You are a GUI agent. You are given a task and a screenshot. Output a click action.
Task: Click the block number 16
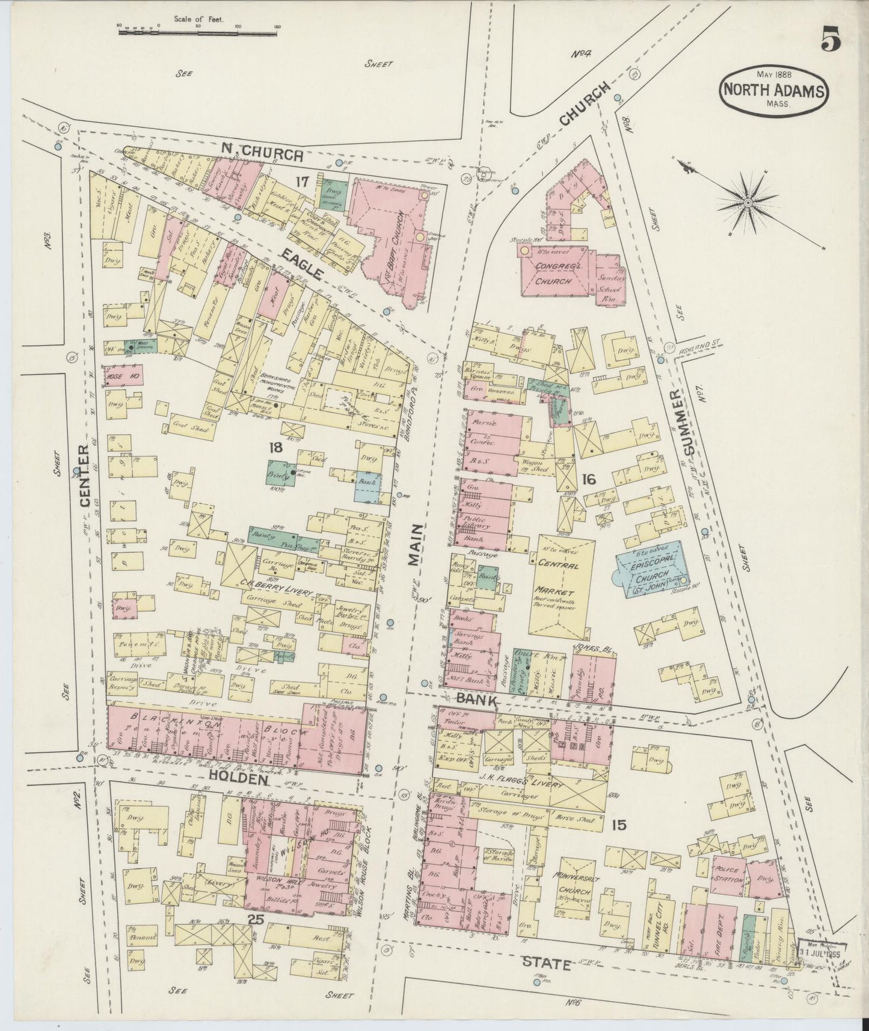pos(588,479)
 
